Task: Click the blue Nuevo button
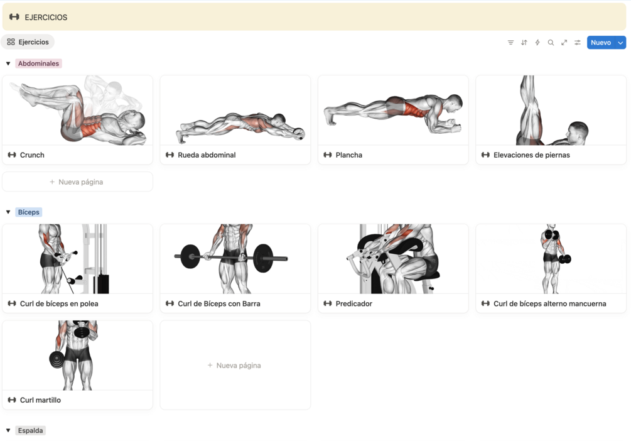(x=601, y=42)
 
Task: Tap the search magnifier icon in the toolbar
(x=551, y=42)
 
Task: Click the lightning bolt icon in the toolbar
(x=537, y=42)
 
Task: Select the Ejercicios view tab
(x=28, y=42)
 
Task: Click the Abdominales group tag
(x=38, y=63)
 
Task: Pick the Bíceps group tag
(x=29, y=212)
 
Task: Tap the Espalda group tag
(x=30, y=430)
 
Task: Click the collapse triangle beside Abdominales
(x=8, y=63)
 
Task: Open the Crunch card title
(x=32, y=155)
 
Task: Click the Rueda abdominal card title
(x=207, y=155)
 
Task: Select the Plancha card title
(x=349, y=155)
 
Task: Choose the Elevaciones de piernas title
(x=532, y=155)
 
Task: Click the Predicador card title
(x=353, y=303)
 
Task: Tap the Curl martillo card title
(x=40, y=400)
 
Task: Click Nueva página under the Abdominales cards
(x=77, y=182)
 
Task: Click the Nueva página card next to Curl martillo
(x=235, y=365)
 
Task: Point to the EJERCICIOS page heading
(x=46, y=18)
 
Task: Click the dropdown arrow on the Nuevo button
(x=620, y=42)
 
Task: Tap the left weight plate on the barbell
(x=190, y=256)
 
